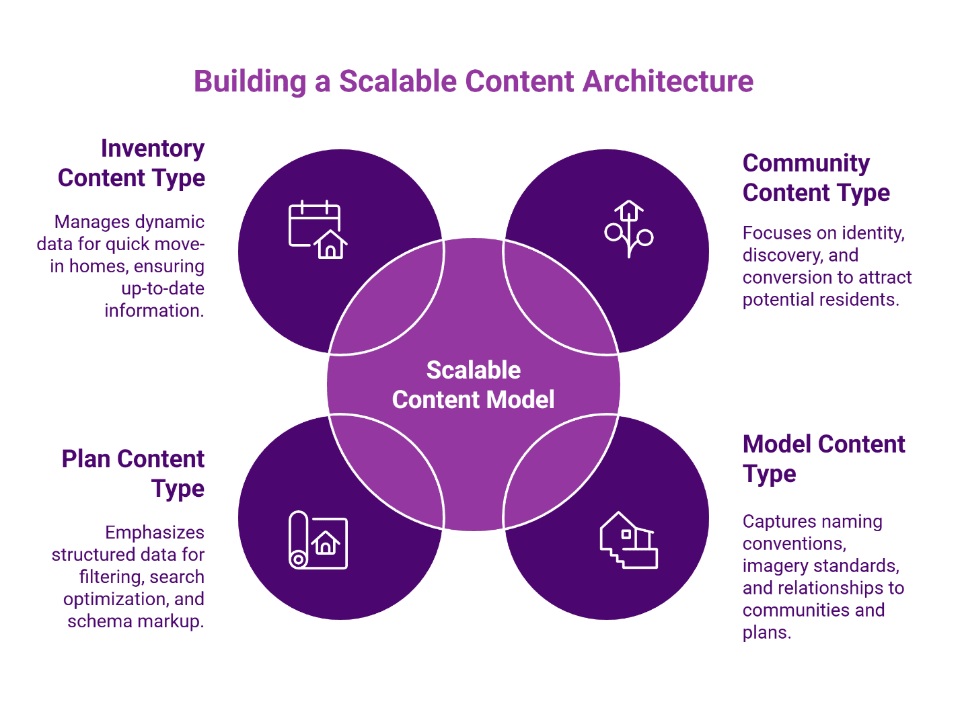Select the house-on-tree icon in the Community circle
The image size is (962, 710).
pos(628,229)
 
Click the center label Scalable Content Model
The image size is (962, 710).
pos(474,385)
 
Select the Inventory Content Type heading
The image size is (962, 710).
pos(131,163)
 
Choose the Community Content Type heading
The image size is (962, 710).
pos(816,178)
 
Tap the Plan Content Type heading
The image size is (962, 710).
pos(133,473)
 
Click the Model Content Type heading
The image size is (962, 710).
pos(823,459)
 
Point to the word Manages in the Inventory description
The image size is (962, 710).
pos(91,222)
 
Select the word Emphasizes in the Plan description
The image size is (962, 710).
pos(155,532)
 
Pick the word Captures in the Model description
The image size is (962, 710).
pos(776,522)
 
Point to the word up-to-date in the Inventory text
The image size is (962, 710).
pos(163,288)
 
